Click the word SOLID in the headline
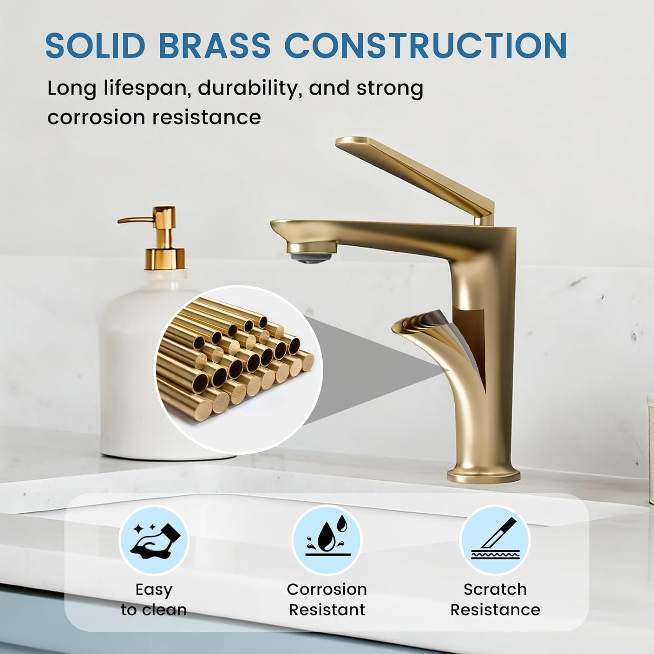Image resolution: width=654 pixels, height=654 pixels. click(x=95, y=45)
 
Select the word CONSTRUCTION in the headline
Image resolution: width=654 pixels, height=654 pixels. click(x=425, y=45)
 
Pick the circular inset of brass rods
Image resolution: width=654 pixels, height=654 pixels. click(x=238, y=369)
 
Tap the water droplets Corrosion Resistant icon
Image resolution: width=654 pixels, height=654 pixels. click(x=327, y=539)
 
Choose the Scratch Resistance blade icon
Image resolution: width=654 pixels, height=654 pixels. click(x=495, y=540)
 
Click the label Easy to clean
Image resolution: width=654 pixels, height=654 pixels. click(x=154, y=599)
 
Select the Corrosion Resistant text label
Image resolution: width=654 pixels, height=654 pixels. click(x=327, y=599)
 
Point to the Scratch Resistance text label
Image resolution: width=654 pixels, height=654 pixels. click(x=495, y=599)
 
